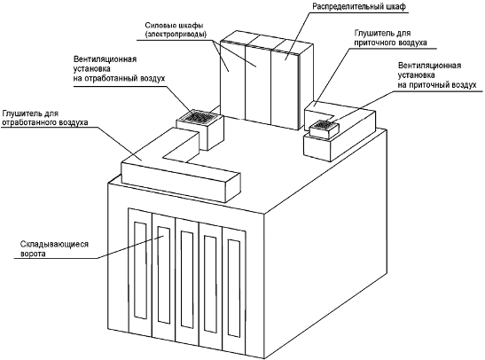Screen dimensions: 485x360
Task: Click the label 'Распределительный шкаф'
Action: click(359, 7)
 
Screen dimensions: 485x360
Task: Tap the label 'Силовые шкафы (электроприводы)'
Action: click(176, 29)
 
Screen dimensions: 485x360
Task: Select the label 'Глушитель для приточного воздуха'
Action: click(390, 38)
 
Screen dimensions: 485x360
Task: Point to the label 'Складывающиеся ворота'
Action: click(54, 249)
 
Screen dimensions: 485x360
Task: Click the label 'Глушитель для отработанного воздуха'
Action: click(45, 118)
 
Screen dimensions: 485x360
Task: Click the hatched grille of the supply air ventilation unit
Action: click(324, 125)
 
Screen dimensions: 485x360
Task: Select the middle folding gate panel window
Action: click(187, 279)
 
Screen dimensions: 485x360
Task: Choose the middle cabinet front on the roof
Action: click(258, 85)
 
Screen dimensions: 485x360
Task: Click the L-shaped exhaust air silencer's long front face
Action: click(174, 183)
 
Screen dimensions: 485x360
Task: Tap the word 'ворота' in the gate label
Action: click(33, 254)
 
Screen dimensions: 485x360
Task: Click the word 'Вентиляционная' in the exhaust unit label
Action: click(105, 59)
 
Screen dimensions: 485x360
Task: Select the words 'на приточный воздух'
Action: click(437, 85)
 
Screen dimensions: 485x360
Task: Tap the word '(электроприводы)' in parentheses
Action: click(176, 35)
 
